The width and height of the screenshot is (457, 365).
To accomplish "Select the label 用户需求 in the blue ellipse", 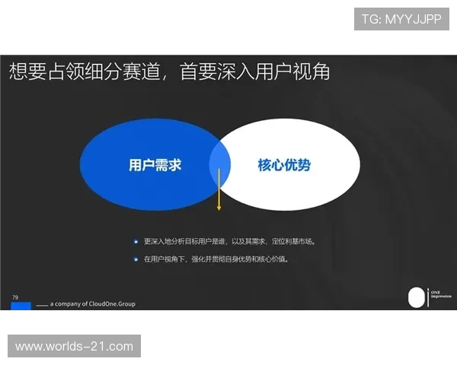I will pyautogui.click(x=155, y=165).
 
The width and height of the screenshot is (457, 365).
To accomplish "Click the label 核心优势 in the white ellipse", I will pyautogui.click(x=284, y=165).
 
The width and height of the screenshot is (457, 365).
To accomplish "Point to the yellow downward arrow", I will pyautogui.click(x=219, y=190).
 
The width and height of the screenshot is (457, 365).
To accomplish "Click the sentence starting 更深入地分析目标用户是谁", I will pyautogui.click(x=228, y=241).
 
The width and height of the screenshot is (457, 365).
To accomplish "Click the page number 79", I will pyautogui.click(x=15, y=297).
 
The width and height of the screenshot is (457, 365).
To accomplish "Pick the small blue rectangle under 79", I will pyautogui.click(x=21, y=306).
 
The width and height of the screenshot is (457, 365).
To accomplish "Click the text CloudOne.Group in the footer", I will pyautogui.click(x=113, y=304).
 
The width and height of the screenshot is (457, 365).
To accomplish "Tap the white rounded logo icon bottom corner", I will pyautogui.click(x=415, y=297).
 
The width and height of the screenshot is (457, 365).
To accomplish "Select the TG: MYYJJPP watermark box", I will pyautogui.click(x=401, y=19).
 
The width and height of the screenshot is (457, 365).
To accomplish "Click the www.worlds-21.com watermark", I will pyautogui.click(x=75, y=347).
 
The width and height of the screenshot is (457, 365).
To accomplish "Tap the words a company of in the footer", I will pyautogui.click(x=69, y=304).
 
